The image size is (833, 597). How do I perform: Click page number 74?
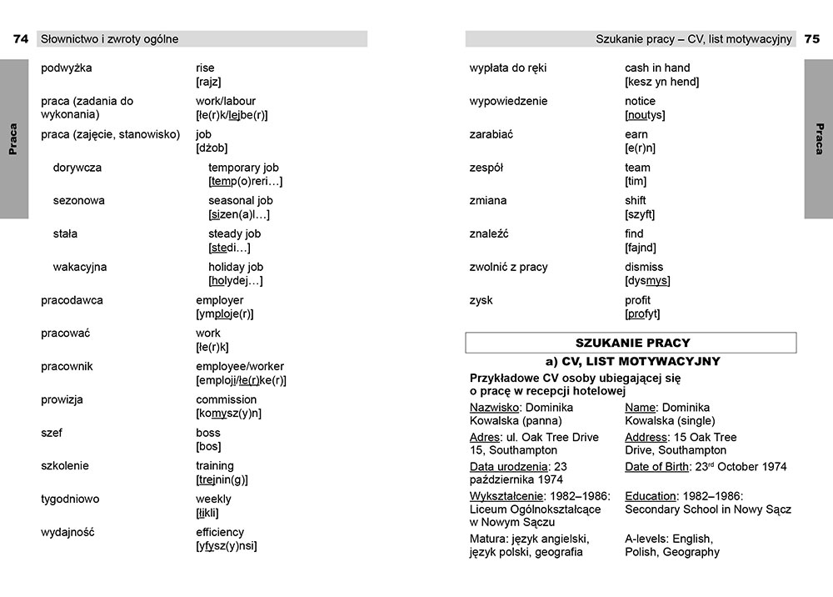coord(21,39)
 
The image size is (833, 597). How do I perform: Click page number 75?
coord(811,39)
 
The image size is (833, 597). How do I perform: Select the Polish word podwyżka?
coord(67,68)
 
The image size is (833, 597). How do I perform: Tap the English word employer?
coord(220,300)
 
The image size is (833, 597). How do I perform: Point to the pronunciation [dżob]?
coord(212,148)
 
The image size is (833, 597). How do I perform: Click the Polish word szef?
coord(52,433)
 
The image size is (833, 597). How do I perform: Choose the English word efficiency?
coord(220,532)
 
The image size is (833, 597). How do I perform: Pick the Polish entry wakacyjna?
coord(80,267)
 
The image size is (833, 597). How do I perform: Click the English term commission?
coord(227,399)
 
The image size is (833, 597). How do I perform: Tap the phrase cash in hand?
coord(657,68)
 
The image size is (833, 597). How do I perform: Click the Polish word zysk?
coord(481,300)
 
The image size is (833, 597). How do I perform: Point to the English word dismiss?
coord(644,267)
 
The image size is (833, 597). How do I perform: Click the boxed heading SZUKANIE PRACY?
coord(631,343)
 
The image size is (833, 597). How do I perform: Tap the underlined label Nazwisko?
coord(495,408)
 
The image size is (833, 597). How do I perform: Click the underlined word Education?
coord(651,496)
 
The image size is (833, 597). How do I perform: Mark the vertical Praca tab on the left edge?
coord(13,139)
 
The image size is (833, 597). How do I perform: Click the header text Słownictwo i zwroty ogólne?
coord(110,39)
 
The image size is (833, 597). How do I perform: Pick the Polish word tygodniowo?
coord(70,499)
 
